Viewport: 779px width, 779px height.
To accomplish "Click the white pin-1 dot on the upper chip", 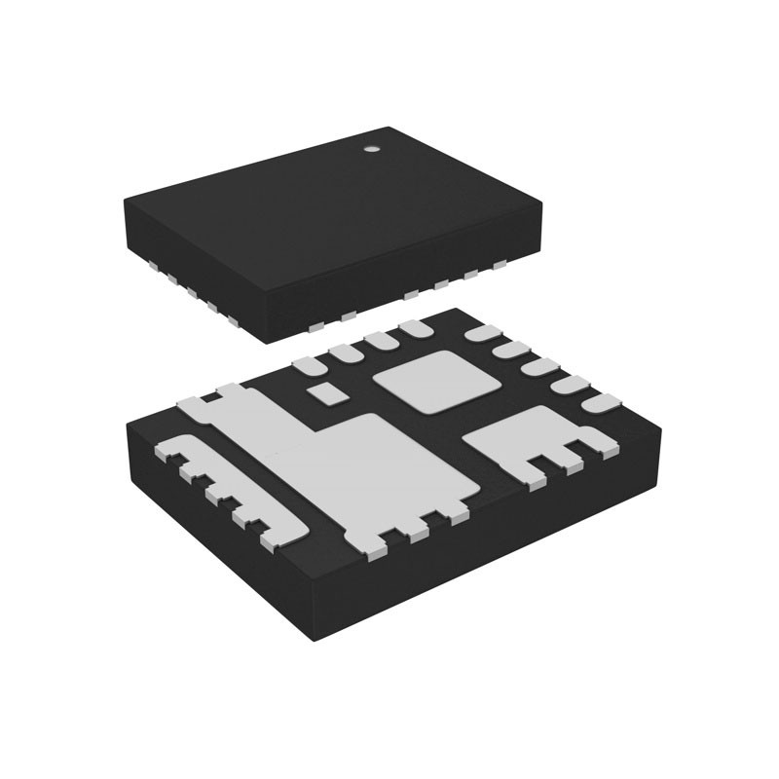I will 371,150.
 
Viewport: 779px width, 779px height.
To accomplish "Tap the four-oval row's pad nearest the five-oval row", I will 416,330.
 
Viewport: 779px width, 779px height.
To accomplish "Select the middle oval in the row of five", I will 539,367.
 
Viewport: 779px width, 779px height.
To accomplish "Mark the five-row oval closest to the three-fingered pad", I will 598,401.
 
